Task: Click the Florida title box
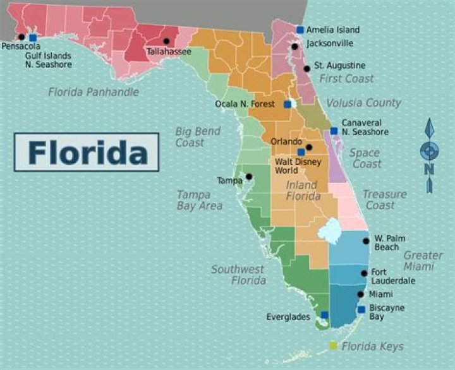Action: tap(87, 152)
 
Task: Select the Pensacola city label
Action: tap(21, 46)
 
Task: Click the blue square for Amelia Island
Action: tap(300, 30)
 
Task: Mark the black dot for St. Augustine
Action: tap(306, 68)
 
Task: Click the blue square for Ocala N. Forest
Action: tap(288, 104)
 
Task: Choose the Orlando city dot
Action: tap(309, 148)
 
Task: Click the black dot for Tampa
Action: tap(249, 177)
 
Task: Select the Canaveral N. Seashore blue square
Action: tap(334, 131)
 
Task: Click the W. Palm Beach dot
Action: tap(366, 241)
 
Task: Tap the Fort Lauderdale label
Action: tap(392, 277)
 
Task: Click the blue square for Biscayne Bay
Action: tap(361, 309)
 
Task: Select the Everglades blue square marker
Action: tap(324, 314)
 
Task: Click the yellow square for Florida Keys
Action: tap(333, 345)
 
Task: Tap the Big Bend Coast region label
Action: tap(198, 137)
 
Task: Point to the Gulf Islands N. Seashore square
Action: tap(33, 38)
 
